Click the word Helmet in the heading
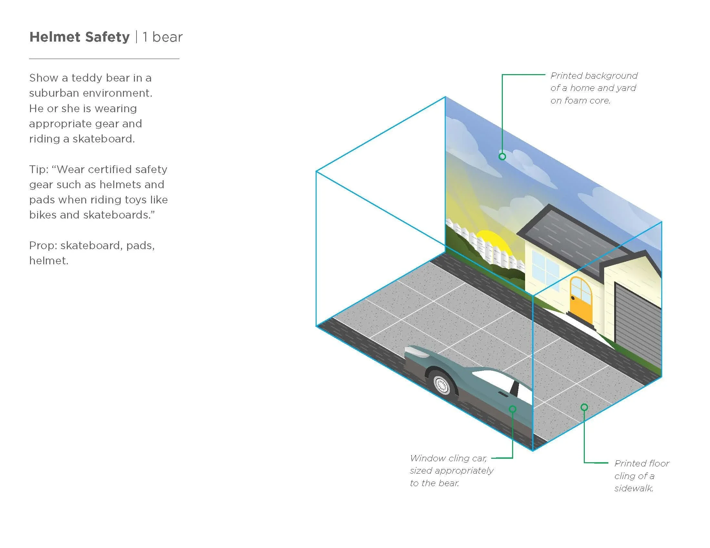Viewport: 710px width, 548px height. click(x=55, y=37)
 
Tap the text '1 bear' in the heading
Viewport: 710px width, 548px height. click(x=163, y=37)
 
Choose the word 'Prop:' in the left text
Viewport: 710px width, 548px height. click(x=43, y=245)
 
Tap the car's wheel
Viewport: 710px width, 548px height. click(x=441, y=385)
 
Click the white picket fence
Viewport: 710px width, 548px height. click(x=488, y=250)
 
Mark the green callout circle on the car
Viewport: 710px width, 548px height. click(x=513, y=409)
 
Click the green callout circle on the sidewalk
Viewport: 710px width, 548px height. click(x=584, y=407)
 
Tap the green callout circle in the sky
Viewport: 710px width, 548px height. click(x=502, y=156)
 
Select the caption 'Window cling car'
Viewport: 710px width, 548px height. click(x=448, y=458)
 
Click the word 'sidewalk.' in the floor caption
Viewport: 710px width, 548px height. click(x=634, y=488)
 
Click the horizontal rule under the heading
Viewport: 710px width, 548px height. click(x=104, y=59)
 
